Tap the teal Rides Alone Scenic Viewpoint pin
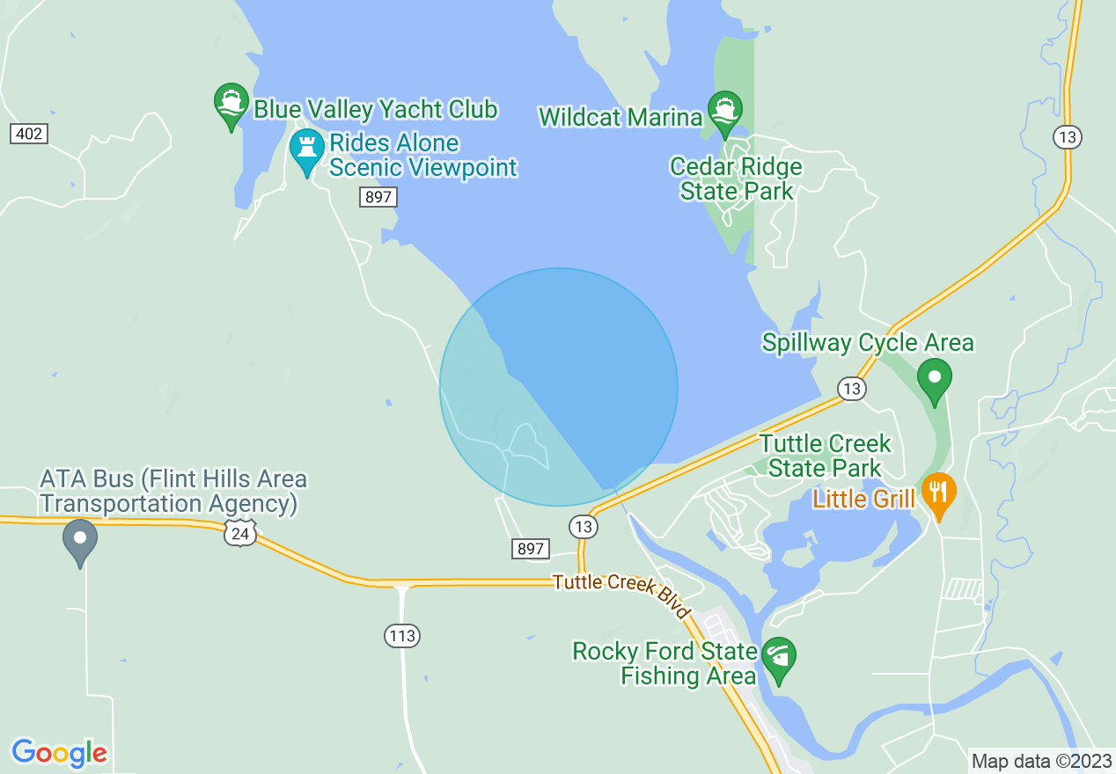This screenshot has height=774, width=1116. (x=307, y=151)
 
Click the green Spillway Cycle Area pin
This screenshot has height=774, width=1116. (x=935, y=379)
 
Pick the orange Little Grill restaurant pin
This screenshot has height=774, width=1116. (x=939, y=493)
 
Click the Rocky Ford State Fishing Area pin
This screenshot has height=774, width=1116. (x=779, y=659)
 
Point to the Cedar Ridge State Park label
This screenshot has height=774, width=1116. (x=736, y=179)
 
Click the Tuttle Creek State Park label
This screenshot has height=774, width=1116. (x=825, y=455)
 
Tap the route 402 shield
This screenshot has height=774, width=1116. (x=29, y=134)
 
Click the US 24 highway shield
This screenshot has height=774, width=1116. (x=239, y=531)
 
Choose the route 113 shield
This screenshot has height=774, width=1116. (x=402, y=635)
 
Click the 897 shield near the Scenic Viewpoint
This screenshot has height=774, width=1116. (x=378, y=197)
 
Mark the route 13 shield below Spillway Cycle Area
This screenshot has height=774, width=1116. (x=851, y=389)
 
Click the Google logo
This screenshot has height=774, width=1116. (x=60, y=753)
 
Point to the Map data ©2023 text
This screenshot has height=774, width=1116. (x=1041, y=760)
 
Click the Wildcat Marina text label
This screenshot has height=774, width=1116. (x=620, y=117)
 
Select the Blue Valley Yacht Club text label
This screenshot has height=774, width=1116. (x=376, y=110)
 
